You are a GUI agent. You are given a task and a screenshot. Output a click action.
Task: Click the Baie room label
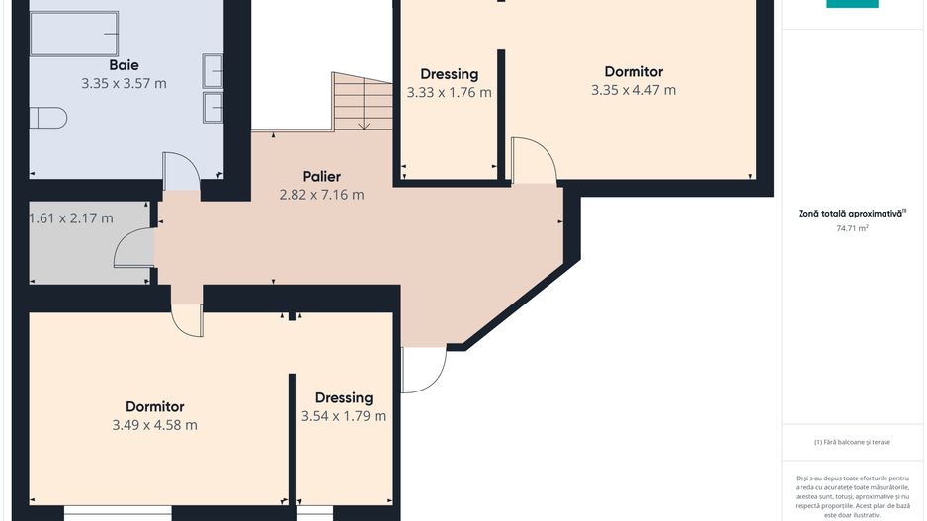tap(124, 65)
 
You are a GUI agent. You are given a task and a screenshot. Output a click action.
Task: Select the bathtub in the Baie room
tap(74, 34)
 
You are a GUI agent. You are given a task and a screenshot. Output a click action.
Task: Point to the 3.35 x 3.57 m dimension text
tap(124, 83)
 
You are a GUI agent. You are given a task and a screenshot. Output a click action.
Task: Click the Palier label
tap(321, 176)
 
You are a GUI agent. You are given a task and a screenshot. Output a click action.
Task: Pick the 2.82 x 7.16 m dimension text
tap(321, 195)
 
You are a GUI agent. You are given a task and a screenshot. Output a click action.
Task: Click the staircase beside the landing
tap(362, 101)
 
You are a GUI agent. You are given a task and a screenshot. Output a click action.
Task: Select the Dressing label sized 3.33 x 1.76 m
tap(450, 74)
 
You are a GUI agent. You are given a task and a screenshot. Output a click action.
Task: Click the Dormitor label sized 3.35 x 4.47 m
tap(633, 71)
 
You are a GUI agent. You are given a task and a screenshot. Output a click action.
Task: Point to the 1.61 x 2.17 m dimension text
tap(71, 218)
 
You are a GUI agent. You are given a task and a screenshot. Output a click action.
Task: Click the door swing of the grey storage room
tap(133, 248)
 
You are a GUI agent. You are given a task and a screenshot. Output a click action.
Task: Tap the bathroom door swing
tap(181, 171)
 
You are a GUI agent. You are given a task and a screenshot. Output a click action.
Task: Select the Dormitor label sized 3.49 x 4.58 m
tap(155, 406)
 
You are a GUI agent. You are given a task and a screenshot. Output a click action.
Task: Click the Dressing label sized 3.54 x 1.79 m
tap(344, 397)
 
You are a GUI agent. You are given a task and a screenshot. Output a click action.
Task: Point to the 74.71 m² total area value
tap(852, 228)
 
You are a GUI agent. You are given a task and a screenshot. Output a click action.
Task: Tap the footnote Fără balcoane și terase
tap(852, 442)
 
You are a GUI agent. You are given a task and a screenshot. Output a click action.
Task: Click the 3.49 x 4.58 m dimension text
tap(155, 425)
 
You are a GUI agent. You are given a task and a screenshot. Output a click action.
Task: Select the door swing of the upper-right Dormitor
tap(534, 161)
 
